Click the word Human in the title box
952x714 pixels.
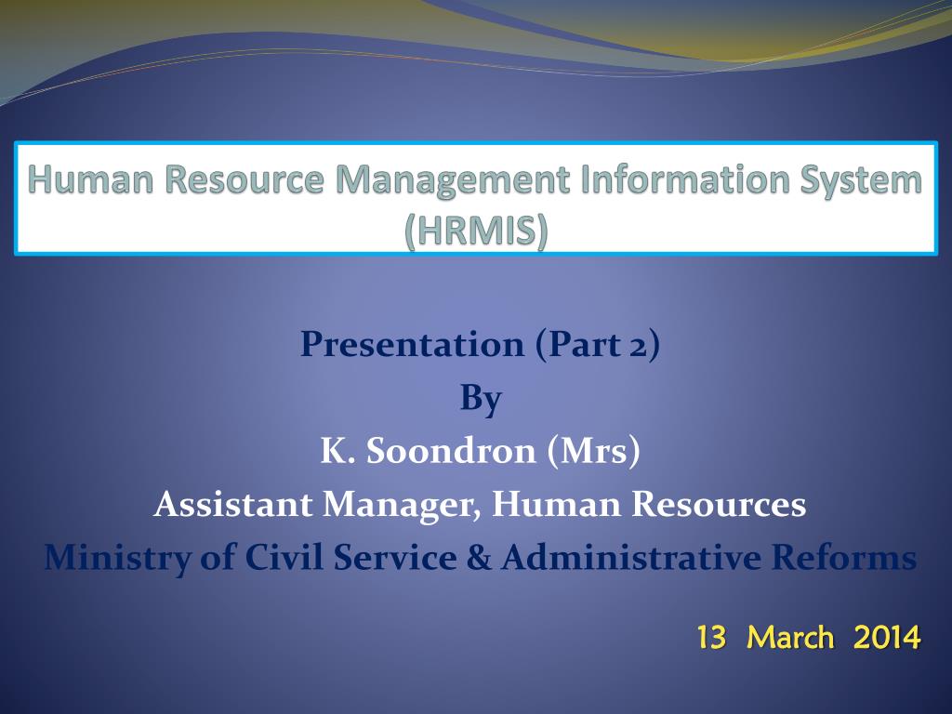point(90,179)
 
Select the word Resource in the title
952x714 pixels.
point(245,179)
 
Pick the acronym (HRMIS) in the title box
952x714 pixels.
point(476,231)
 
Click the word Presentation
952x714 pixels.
point(412,344)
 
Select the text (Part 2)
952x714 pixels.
point(598,345)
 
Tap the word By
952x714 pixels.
point(481,400)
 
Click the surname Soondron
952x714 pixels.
point(451,451)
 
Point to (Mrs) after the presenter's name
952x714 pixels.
point(594,452)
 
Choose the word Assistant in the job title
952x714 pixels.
point(233,505)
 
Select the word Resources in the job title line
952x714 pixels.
point(719,505)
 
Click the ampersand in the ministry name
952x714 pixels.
point(479,558)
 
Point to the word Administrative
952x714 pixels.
point(631,558)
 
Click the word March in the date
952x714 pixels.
point(790,638)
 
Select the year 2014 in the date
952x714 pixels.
point(887,638)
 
